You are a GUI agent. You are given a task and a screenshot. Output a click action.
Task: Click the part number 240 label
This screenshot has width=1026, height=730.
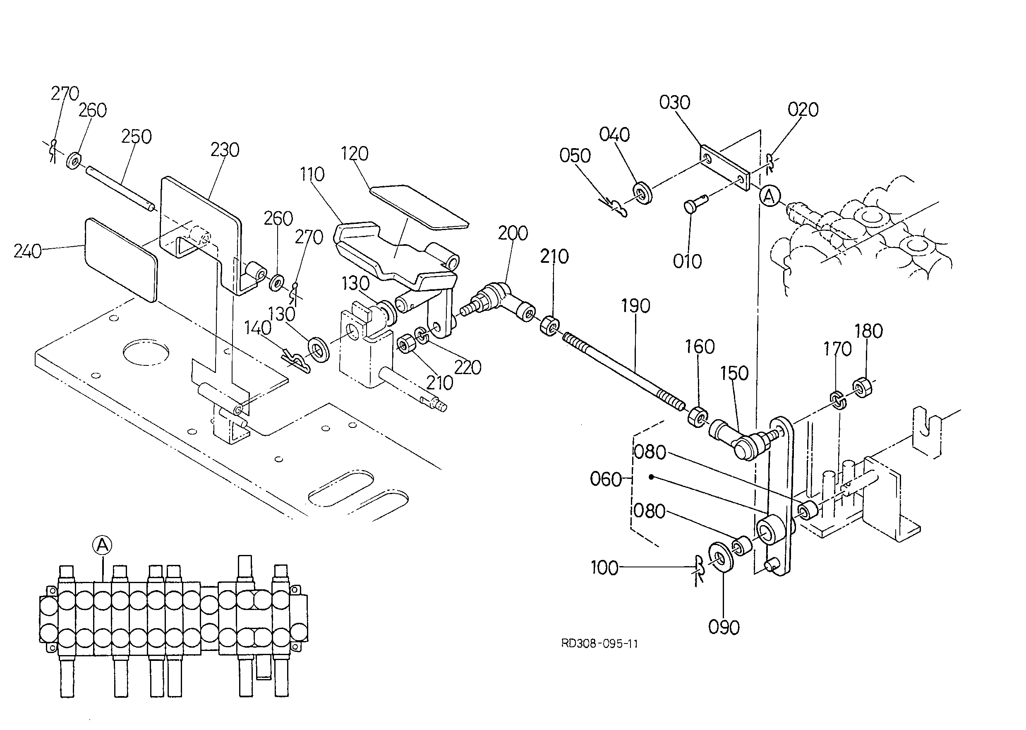click(x=27, y=251)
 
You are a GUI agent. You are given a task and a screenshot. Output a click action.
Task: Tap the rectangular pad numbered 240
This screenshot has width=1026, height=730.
click(x=121, y=259)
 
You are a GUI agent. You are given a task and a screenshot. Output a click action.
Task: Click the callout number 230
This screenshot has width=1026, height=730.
click(x=225, y=150)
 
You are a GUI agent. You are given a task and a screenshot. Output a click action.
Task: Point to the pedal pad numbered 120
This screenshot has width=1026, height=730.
click(x=418, y=206)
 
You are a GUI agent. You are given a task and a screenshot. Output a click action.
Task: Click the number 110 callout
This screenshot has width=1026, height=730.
click(x=312, y=174)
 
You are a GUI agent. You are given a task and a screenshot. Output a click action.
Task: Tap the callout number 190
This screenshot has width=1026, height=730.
click(x=635, y=306)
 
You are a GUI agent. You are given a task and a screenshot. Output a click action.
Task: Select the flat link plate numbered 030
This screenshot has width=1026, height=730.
click(x=725, y=168)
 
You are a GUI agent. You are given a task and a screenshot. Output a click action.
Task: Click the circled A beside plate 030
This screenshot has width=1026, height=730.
click(x=770, y=197)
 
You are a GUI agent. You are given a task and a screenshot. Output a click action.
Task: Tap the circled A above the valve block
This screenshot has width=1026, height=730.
click(x=102, y=545)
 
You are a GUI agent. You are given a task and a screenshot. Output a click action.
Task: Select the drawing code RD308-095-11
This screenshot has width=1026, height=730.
click(x=599, y=644)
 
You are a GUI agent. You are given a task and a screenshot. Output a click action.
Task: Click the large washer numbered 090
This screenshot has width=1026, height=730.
click(x=720, y=558)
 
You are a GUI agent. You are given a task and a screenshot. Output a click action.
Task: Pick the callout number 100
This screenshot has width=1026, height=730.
click(x=604, y=568)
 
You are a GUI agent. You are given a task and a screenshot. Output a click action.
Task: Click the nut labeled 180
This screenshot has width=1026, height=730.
click(x=863, y=387)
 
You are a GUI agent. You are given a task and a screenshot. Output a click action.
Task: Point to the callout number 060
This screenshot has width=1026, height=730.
click(x=606, y=480)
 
